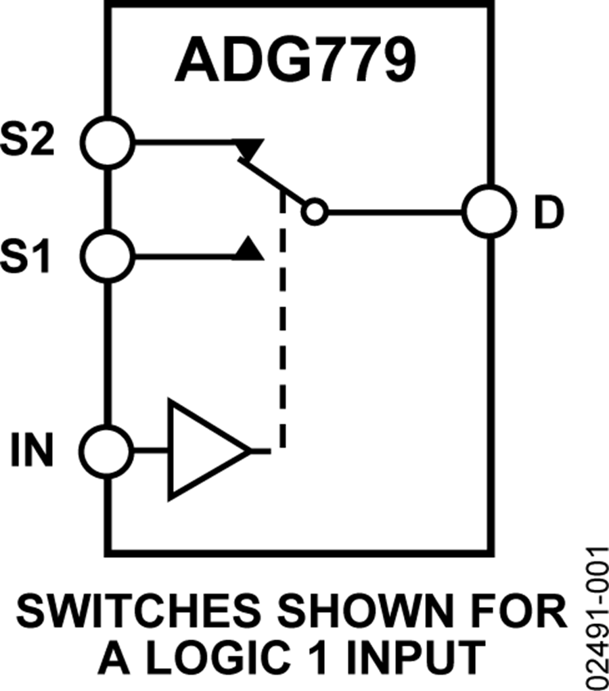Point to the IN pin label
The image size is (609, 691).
tap(32, 449)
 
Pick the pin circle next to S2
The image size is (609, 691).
tap(107, 143)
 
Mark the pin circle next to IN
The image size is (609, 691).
tap(106, 449)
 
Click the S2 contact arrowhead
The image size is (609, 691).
tap(249, 149)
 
